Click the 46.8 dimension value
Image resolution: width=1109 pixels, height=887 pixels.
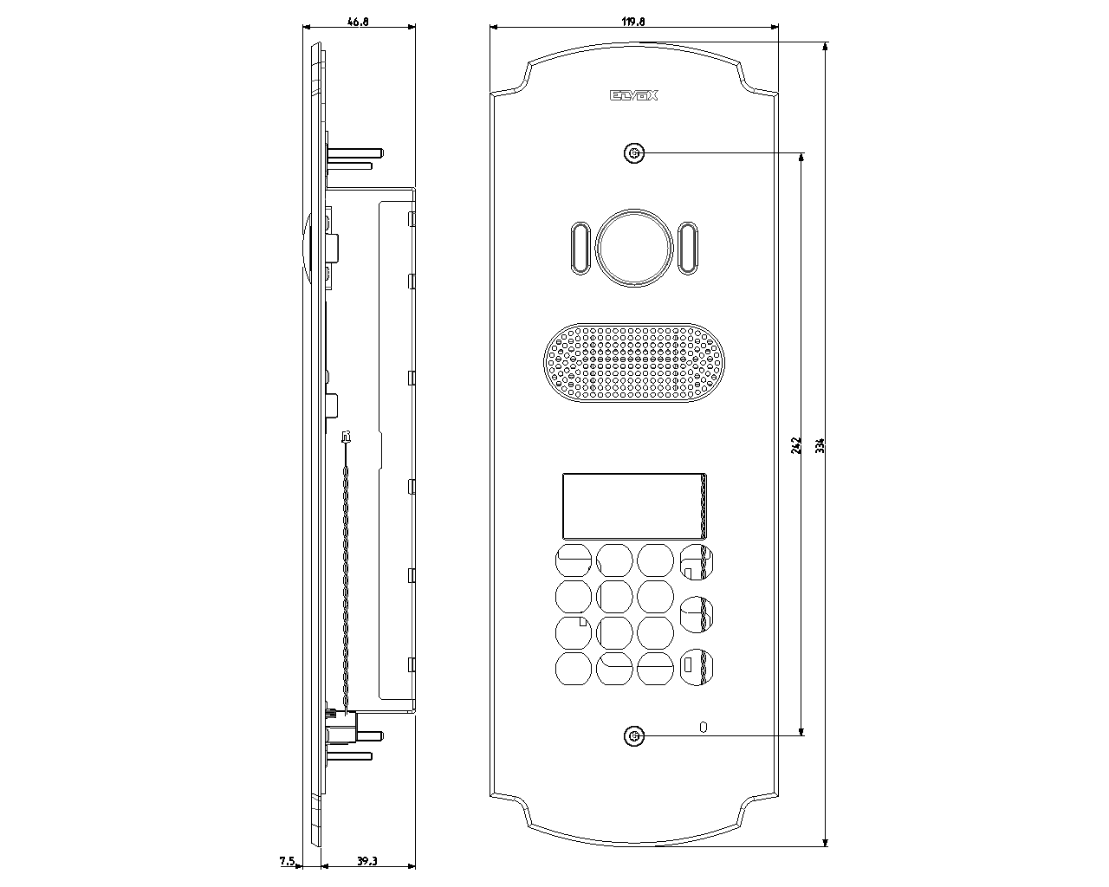tap(358, 22)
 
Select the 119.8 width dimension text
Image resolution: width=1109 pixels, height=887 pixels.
tap(633, 22)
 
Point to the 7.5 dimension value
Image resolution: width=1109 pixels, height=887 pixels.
tap(287, 861)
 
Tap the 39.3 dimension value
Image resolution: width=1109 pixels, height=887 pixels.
tap(366, 861)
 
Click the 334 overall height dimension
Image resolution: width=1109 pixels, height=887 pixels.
tap(820, 445)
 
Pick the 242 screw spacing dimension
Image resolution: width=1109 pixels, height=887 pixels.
tap(796, 445)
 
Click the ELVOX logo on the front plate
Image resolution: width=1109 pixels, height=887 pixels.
tap(634, 95)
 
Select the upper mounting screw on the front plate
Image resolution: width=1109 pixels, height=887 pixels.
tap(634, 153)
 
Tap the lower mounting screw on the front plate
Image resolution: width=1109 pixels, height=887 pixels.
tap(634, 736)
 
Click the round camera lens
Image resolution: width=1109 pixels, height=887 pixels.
tap(634, 248)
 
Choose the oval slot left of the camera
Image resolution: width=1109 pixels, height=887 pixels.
tap(580, 248)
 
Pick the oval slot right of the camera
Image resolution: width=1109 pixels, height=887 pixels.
tap(687, 248)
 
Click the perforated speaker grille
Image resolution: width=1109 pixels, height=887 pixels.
tap(634, 363)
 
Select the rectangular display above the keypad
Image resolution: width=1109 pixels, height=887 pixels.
tap(634, 506)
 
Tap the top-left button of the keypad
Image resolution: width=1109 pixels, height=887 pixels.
tap(573, 560)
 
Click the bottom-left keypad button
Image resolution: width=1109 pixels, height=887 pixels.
tap(573, 669)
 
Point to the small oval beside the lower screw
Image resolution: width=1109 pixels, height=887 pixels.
tap(704, 727)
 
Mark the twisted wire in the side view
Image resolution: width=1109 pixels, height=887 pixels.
tap(346, 572)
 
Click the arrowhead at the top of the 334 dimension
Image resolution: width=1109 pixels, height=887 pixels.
tap(825, 47)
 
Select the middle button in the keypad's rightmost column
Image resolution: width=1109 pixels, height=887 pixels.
tap(697, 614)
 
